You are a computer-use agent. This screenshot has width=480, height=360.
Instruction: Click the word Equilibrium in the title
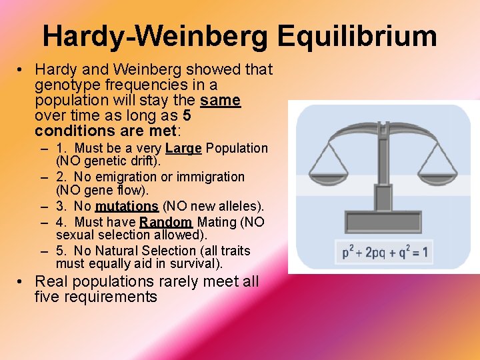pos(357,37)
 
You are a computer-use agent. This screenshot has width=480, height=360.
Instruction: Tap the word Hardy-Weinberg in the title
pos(157,37)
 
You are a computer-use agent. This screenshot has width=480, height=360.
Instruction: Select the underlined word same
pos(220,101)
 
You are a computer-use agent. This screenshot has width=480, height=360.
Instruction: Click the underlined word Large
pos(183,148)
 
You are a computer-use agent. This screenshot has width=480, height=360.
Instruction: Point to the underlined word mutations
pos(127,206)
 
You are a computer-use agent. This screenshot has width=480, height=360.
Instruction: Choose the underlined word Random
pos(166,222)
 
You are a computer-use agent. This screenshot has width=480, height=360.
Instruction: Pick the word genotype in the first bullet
pos(65,85)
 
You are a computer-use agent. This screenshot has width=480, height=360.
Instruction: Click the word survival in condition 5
pos(195,264)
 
